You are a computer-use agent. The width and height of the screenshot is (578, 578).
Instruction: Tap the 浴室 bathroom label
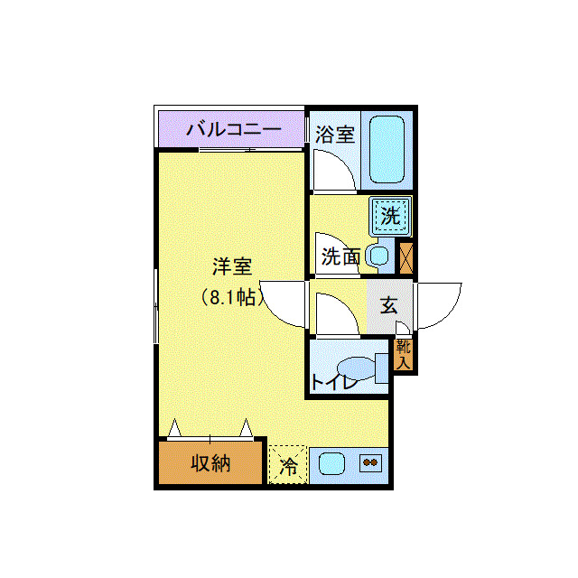pyautogui.click(x=334, y=135)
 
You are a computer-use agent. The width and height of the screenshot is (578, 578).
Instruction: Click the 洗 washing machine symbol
pyautogui.click(x=390, y=216)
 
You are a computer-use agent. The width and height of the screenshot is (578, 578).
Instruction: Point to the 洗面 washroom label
pyautogui.click(x=340, y=257)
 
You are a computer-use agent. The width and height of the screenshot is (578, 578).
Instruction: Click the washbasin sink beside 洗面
pyautogui.click(x=379, y=256)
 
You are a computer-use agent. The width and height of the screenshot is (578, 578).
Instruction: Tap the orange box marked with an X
pyautogui.click(x=406, y=257)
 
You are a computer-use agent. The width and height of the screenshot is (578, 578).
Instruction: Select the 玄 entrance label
pyautogui.click(x=388, y=306)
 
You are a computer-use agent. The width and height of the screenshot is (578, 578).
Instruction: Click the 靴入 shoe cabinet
pyautogui.click(x=403, y=354)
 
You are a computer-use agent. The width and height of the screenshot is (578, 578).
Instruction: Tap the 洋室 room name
pyautogui.click(x=231, y=267)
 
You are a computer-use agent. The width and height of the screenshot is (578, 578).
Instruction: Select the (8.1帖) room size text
pyautogui.click(x=231, y=297)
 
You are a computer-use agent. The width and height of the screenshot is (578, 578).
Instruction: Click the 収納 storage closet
pyautogui.click(x=210, y=463)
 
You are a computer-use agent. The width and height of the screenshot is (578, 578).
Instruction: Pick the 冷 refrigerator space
pyautogui.click(x=288, y=466)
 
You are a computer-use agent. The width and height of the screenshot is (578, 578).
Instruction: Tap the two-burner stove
pyautogui.click(x=370, y=463)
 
